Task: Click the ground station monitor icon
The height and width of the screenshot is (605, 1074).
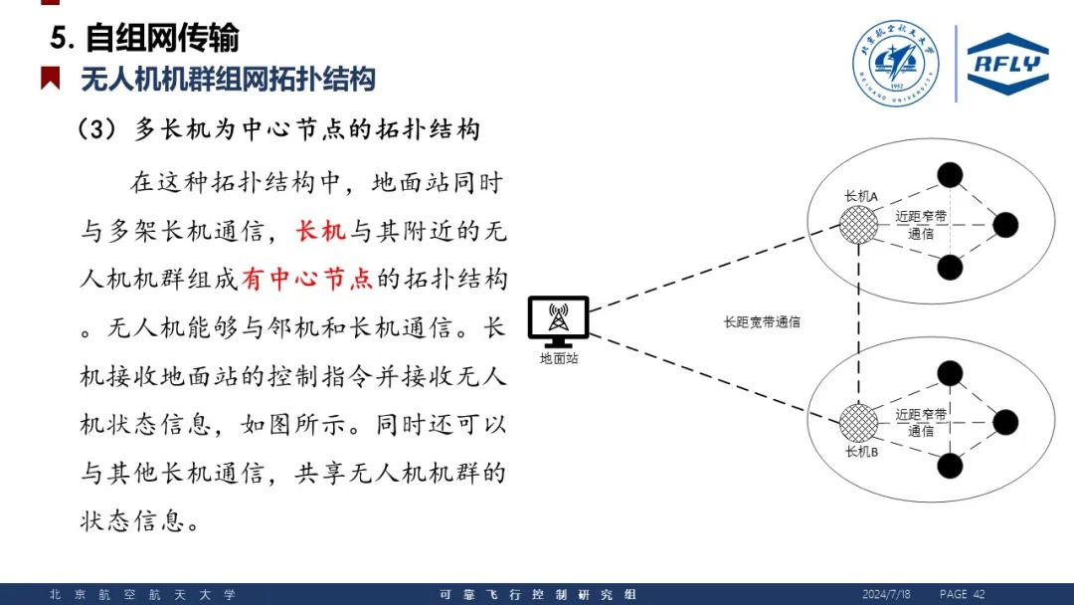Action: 558,321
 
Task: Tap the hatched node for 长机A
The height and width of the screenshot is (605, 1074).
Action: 858,225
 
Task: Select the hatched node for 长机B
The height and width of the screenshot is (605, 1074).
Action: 858,423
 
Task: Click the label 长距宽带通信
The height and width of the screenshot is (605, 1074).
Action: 762,322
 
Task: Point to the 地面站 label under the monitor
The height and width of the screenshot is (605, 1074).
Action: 558,358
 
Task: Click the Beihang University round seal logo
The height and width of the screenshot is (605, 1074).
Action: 896,63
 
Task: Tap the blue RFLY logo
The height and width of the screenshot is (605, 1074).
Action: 1007,63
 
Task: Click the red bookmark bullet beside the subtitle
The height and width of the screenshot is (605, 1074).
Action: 50,78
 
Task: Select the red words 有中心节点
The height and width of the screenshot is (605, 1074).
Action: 307,279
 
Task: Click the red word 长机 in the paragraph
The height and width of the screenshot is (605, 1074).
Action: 320,231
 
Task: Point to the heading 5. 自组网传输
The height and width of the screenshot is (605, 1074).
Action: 144,37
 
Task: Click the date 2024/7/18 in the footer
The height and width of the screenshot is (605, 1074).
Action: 886,594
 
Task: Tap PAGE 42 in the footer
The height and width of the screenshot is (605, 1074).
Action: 963,594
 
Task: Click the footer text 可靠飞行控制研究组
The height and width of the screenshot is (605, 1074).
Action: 538,595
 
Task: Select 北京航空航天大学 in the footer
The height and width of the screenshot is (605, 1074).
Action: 142,595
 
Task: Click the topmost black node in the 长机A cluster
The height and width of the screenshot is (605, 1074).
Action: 950,175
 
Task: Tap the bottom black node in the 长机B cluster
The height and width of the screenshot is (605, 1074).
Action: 950,466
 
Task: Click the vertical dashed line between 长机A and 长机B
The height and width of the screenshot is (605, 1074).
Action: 859,323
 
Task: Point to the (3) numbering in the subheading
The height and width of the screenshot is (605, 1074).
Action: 96,128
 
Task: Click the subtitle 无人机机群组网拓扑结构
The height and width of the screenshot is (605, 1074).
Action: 228,79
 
